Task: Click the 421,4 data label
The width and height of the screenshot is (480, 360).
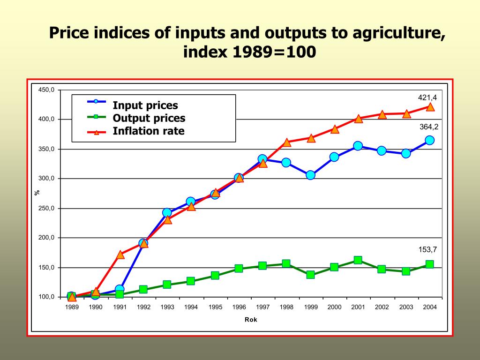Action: tap(427, 97)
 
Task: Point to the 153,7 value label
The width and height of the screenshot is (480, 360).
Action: tap(427, 249)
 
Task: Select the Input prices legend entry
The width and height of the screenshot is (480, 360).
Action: tap(145, 105)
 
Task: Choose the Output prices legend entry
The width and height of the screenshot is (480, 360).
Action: tap(149, 118)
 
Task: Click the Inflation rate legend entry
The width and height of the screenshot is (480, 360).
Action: tap(148, 131)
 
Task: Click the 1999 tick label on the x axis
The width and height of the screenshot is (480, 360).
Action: tap(310, 307)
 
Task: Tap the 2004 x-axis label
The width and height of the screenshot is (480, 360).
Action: tap(430, 307)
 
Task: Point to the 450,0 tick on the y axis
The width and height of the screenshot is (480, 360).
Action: tap(47, 90)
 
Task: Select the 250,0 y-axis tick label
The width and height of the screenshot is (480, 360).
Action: tap(47, 208)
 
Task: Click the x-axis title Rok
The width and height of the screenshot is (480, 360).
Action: tap(251, 320)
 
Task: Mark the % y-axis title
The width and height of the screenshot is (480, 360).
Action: tap(37, 192)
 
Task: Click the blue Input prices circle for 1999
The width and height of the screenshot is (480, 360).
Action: tap(310, 175)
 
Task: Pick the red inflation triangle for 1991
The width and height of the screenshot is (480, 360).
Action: tap(120, 255)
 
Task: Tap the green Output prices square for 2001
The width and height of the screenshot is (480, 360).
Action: tap(358, 260)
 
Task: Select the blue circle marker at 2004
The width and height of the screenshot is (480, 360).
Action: tap(430, 140)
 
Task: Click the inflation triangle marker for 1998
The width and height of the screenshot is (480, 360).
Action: tap(287, 142)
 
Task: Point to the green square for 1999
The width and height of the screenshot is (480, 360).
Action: tap(310, 275)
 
